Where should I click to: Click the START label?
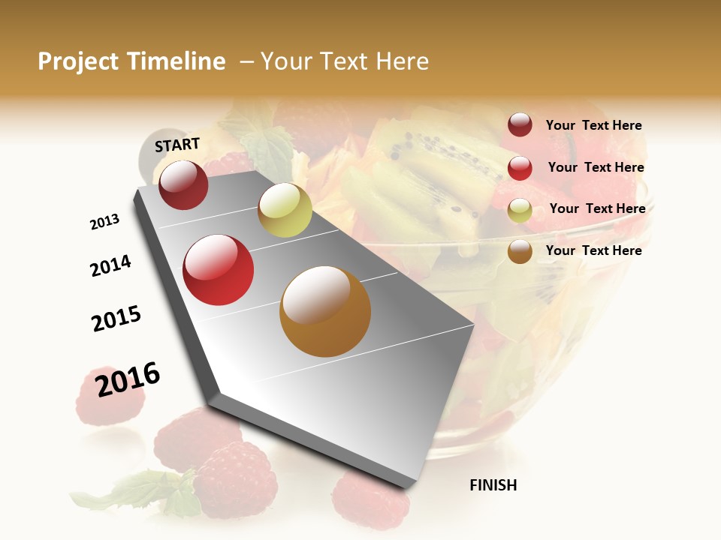(177, 145)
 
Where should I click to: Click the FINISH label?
(493, 485)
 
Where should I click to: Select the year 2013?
(104, 222)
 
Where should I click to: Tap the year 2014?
(110, 265)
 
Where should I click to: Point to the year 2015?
(116, 319)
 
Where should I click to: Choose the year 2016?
(128, 379)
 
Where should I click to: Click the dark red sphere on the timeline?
(183, 185)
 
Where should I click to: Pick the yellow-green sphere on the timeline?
(285, 211)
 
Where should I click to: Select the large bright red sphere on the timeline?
(219, 270)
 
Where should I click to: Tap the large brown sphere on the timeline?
(325, 311)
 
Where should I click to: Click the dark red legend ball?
(520, 125)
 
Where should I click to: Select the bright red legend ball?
(520, 168)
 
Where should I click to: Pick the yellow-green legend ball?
(520, 210)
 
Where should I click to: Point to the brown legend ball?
(520, 251)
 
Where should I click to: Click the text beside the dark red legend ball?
(593, 125)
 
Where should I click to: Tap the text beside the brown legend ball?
(593, 250)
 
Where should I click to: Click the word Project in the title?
(78, 61)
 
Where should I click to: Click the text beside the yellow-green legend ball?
(597, 208)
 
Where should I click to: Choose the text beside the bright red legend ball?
(596, 167)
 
